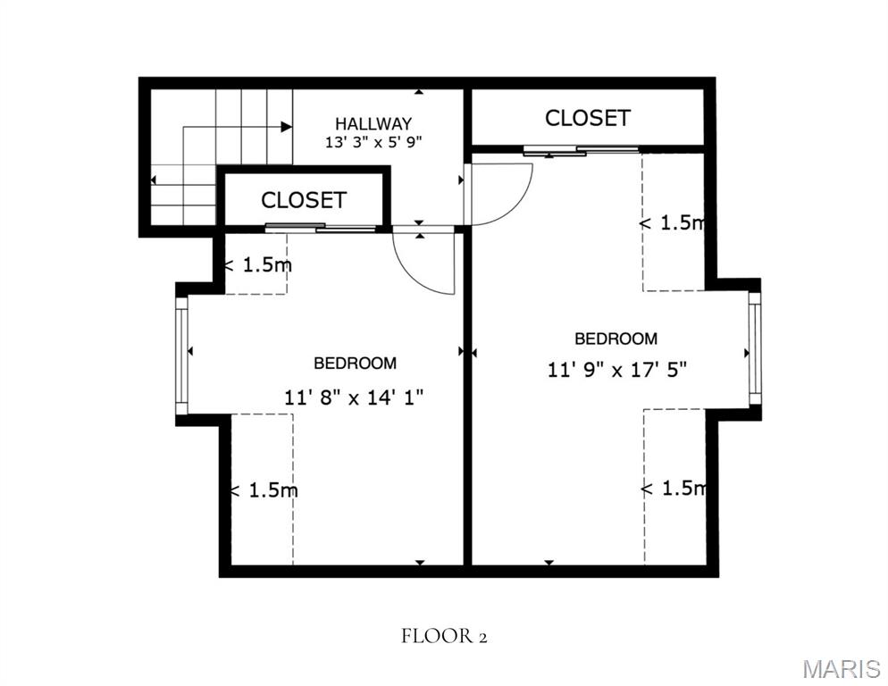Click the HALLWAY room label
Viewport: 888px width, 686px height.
(373, 123)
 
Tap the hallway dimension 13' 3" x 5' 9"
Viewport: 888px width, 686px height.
(373, 142)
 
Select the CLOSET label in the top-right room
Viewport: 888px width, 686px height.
(587, 118)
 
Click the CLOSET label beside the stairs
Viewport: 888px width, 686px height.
(304, 200)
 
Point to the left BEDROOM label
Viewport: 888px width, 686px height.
(355, 363)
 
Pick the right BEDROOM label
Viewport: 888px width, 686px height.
(616, 339)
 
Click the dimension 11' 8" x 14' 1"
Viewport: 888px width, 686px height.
(354, 397)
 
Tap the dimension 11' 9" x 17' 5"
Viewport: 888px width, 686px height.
(617, 370)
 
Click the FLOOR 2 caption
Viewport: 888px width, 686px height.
(445, 636)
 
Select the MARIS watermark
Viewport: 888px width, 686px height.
(842, 668)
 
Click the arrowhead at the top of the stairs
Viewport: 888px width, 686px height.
(287, 127)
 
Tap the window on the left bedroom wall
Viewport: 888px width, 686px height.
(181, 356)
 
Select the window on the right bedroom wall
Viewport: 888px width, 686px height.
(755, 348)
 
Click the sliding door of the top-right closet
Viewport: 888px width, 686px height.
(581, 151)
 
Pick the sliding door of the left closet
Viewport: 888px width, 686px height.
(321, 228)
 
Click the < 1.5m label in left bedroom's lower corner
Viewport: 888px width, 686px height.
(264, 490)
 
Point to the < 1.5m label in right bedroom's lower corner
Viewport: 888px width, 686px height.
(674, 488)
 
